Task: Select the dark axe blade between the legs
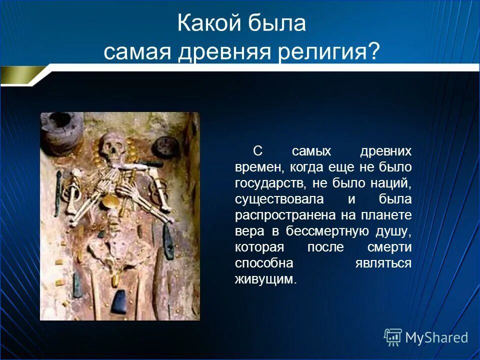[x=119, y=301]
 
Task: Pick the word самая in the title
[x=136, y=51]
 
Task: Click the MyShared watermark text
[x=436, y=337]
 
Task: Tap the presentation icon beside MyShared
[x=393, y=337]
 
